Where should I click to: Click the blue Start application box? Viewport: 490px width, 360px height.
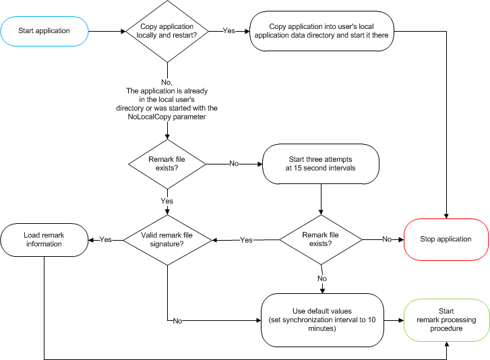pos(44,30)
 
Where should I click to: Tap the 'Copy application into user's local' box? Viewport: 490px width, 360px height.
pos(320,30)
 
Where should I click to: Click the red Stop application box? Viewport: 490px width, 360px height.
pos(445,239)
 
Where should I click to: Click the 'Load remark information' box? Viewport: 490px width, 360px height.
pos(42,239)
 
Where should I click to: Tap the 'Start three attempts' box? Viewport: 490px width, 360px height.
pos(321,163)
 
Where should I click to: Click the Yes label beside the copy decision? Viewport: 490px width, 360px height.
pos(229,30)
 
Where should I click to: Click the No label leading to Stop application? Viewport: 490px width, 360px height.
pos(387,239)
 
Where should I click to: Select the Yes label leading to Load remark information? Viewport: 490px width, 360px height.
pos(106,239)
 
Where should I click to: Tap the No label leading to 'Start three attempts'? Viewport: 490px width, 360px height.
pos(233,163)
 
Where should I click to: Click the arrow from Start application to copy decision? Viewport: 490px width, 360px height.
pos(106,30)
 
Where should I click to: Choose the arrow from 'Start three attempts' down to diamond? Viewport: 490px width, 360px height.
pos(321,200)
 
